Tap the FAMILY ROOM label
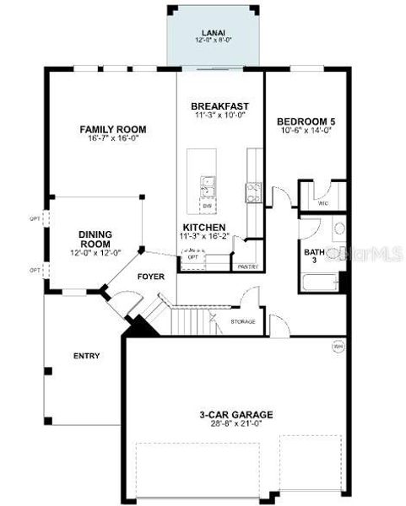point(113,129)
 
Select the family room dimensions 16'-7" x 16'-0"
point(113,140)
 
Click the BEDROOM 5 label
point(306,121)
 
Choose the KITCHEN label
point(203,228)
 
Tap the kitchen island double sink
point(208,185)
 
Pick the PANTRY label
point(247,266)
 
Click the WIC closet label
point(322,203)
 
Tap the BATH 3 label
point(315,256)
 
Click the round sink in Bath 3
point(337,229)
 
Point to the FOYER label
point(151,277)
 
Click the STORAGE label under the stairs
point(243,321)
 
